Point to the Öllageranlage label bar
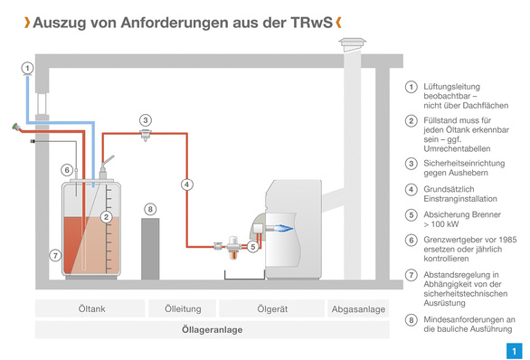(212, 330)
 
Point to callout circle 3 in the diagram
(145, 119)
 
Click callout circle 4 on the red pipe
(186, 184)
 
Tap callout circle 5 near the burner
(253, 245)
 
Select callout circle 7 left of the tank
(55, 256)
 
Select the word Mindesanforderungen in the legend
(468, 319)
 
